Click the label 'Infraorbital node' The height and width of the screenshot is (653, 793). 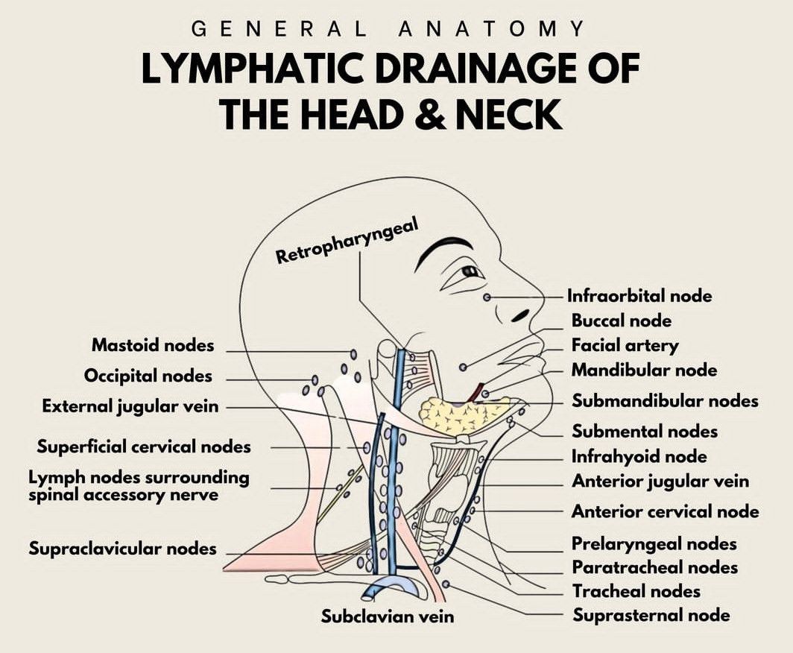(639, 296)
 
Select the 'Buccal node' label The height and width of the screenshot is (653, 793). (622, 321)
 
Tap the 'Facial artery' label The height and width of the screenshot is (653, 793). (625, 345)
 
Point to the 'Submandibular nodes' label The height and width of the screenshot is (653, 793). (665, 401)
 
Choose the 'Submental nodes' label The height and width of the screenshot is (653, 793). (645, 431)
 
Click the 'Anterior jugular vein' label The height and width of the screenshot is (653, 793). (660, 482)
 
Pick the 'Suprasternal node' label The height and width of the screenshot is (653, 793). (651, 615)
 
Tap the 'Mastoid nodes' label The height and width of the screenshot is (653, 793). (153, 345)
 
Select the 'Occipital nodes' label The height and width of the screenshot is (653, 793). (148, 376)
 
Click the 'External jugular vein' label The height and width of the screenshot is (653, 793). (130, 406)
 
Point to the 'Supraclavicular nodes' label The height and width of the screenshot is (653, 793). (122, 549)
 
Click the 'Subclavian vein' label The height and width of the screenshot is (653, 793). (387, 616)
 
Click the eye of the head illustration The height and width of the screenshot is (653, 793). (470, 271)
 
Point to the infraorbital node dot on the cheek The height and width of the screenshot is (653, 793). (487, 297)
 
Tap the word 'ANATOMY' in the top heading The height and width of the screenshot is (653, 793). (492, 29)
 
